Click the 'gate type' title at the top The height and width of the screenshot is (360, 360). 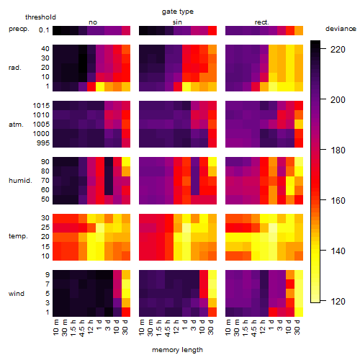pyautogui.click(x=178, y=12)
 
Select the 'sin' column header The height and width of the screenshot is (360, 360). pyautogui.click(x=177, y=22)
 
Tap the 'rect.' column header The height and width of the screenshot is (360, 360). pyautogui.click(x=261, y=22)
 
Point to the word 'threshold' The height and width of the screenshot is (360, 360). pyautogui.click(x=40, y=17)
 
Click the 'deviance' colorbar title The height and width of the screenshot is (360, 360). pyautogui.click(x=341, y=29)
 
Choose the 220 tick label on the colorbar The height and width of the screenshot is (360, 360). pyautogui.click(x=338, y=50)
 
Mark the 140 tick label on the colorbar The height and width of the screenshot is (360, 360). pyautogui.click(x=338, y=251)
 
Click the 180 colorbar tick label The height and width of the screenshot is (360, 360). pyautogui.click(x=338, y=150)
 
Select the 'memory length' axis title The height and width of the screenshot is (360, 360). pyautogui.click(x=177, y=350)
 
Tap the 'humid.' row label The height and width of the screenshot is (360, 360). pyautogui.click(x=20, y=181)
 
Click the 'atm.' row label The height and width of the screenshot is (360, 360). pyautogui.click(x=16, y=125)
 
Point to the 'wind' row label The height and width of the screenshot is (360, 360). pyautogui.click(x=17, y=294)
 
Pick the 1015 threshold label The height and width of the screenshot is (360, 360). pyautogui.click(x=41, y=106)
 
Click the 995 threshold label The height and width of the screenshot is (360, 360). pyautogui.click(x=43, y=143)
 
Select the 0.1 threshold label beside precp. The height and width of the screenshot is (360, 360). pyautogui.click(x=44, y=30)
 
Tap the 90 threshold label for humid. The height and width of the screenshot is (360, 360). pyautogui.click(x=45, y=162)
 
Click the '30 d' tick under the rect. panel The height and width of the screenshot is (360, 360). pyautogui.click(x=297, y=327)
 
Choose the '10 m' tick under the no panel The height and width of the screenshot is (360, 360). pyautogui.click(x=55, y=328)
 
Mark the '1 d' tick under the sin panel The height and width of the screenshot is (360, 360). pyautogui.click(x=185, y=325)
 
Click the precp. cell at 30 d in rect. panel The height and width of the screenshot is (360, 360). pyautogui.click(x=299, y=30)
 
